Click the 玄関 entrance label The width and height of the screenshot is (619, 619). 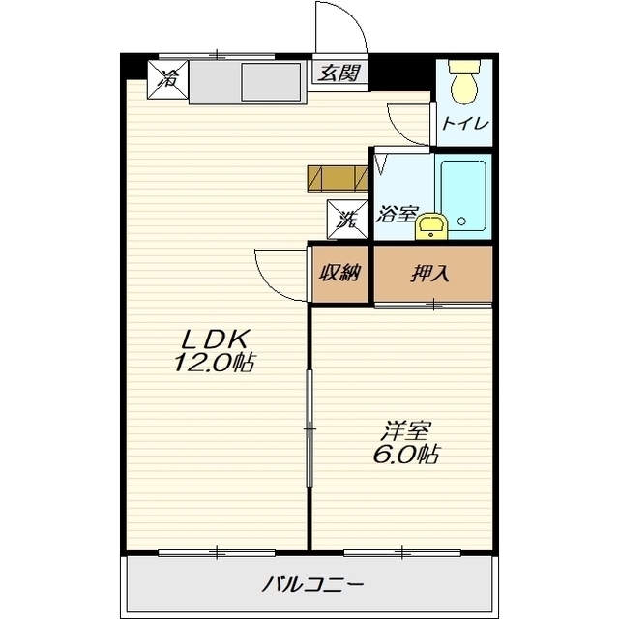[339, 74]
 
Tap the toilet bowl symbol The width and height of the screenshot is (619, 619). [465, 81]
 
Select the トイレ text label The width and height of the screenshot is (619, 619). [465, 124]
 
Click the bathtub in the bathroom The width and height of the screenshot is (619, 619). [462, 195]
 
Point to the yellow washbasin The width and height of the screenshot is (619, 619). [431, 226]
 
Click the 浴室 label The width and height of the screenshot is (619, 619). [397, 215]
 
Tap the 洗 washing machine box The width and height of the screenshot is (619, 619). [347, 220]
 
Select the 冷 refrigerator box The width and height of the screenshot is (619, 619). [168, 79]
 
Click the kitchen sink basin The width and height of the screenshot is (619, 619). [271, 81]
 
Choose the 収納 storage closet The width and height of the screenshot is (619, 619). [339, 274]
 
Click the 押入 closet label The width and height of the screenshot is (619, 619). [430, 273]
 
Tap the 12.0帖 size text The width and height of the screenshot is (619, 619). [214, 363]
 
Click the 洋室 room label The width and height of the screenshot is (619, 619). [406, 431]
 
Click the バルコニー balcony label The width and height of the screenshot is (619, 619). [312, 584]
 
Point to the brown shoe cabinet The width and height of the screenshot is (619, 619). [338, 179]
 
